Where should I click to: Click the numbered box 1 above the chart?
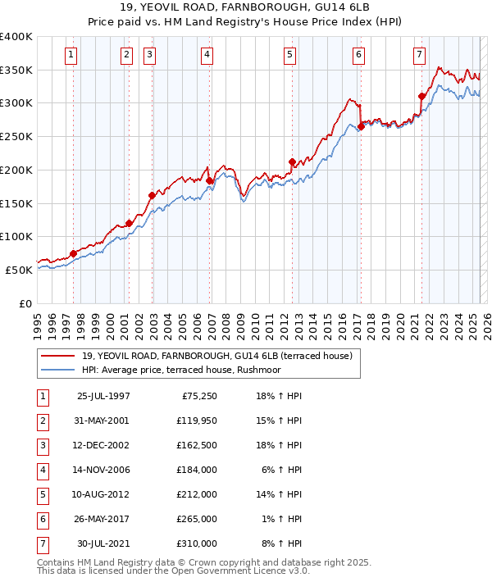click(x=71, y=55)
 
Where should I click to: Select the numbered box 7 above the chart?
click(x=419, y=55)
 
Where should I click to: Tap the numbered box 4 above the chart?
click(x=207, y=55)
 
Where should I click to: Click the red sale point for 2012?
click(x=292, y=161)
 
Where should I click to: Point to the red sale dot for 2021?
click(x=421, y=96)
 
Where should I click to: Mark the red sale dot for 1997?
click(x=73, y=253)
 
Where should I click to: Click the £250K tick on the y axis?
click(x=16, y=137)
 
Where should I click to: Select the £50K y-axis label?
click(x=19, y=270)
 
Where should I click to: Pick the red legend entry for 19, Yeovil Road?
click(x=216, y=356)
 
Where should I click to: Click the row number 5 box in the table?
click(x=42, y=494)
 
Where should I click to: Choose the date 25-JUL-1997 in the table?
click(x=103, y=396)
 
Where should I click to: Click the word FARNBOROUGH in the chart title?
click(x=248, y=7)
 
